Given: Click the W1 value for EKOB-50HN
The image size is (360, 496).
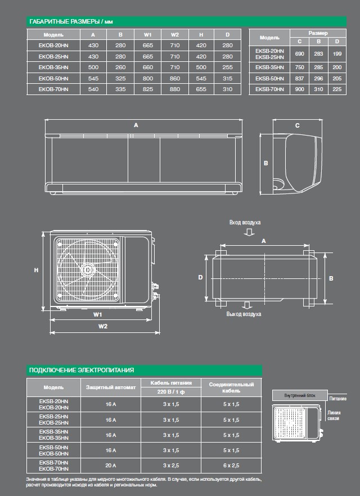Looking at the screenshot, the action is pos(148,79).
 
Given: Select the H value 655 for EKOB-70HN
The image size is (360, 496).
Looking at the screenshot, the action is pos(201,89).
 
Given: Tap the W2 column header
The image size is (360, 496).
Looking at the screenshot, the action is pos(175,35).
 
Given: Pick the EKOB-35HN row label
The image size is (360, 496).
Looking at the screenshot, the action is pos(53,67).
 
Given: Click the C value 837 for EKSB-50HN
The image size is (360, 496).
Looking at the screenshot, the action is pos(300,79).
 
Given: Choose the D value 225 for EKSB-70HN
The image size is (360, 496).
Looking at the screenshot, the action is pos(337,89).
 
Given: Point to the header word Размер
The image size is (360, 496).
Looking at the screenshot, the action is pos(318,33).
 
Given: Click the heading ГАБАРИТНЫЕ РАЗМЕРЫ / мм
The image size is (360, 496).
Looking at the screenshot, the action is pos(71,21).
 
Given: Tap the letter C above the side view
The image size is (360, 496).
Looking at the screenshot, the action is pos(298,125).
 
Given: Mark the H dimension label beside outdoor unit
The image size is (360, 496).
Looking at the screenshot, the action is pos(37,270).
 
